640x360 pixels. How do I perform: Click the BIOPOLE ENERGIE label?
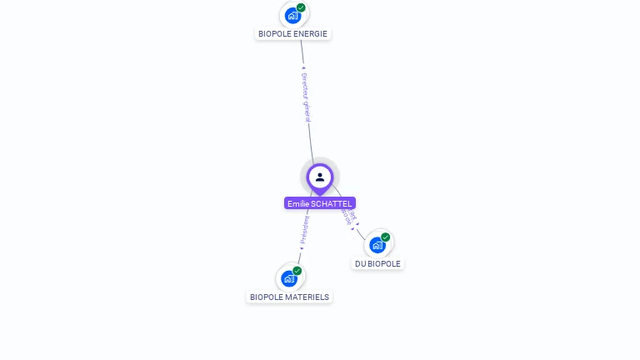[292, 34]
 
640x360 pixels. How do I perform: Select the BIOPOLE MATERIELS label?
[289, 297]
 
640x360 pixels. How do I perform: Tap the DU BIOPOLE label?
[377, 264]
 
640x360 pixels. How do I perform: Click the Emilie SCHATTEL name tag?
[319, 203]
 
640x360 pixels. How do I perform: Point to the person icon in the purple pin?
[320, 177]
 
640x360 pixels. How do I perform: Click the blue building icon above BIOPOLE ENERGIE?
[292, 15]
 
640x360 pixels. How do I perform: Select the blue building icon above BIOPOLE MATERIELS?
[288, 278]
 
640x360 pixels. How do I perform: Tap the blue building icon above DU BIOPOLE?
[377, 245]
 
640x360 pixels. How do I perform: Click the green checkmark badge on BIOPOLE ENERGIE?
[301, 7]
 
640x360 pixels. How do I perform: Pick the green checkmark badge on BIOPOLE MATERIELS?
[297, 271]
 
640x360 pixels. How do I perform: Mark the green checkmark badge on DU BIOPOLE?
[386, 237]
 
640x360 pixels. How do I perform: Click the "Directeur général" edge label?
[306, 97]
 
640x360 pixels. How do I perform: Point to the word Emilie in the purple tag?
[297, 203]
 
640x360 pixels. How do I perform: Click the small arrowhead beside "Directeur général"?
[303, 68]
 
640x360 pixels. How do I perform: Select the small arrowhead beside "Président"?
[302, 247]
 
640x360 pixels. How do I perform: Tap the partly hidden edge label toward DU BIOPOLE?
[349, 217]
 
